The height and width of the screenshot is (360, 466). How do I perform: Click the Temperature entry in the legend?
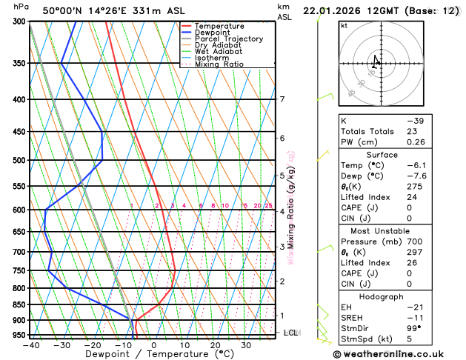[219, 26]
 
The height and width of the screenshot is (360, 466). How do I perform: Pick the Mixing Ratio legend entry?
[219, 64]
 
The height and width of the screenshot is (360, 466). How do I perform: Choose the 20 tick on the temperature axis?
[215, 344]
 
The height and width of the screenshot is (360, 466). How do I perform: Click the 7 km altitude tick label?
[282, 99]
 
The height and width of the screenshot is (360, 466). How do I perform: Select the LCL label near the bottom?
[290, 333]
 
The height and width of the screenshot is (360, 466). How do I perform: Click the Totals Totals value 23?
[411, 131]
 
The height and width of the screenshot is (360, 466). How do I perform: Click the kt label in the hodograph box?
[344, 25]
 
